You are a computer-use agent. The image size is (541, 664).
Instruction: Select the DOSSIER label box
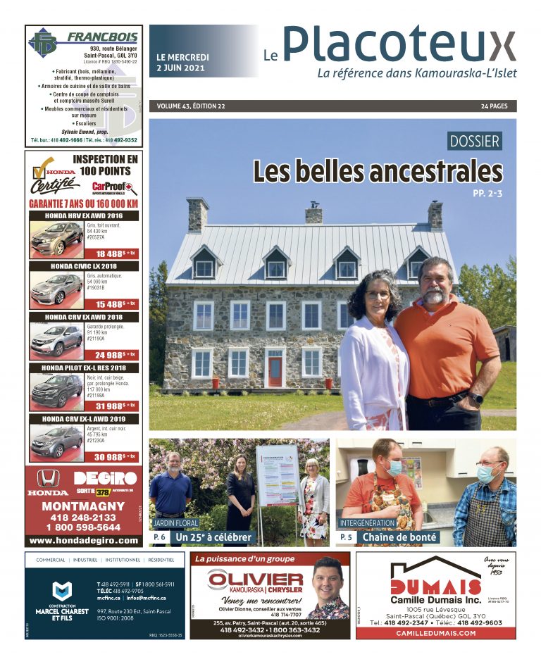[x=475, y=141]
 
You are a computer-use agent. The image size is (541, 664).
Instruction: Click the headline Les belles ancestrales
[x=378, y=171]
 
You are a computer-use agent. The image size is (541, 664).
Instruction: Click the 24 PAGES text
[x=495, y=106]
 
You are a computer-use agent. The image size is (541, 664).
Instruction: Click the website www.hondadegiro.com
[x=84, y=540]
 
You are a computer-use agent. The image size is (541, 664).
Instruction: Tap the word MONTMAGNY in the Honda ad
[x=83, y=506]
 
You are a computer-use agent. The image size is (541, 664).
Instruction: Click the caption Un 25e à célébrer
[x=213, y=537]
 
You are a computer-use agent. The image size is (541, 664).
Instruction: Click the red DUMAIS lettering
[x=425, y=587]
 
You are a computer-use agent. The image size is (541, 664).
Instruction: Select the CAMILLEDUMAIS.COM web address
[x=435, y=633]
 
